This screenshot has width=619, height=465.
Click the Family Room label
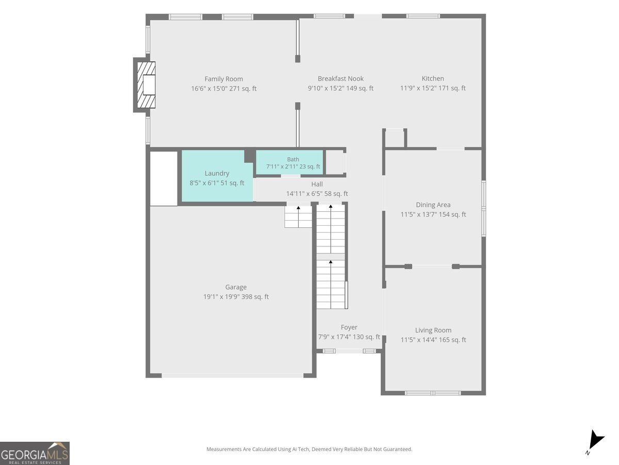pos(224,79)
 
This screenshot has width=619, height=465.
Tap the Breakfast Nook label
pos(340,79)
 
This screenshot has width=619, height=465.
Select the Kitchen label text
pos(433,79)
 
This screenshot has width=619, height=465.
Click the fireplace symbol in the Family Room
pos(146,85)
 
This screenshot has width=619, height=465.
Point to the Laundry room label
pos(217,174)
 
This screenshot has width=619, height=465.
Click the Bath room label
pos(293,159)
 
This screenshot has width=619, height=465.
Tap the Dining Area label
pos(433,205)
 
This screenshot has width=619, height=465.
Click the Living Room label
pos(433,330)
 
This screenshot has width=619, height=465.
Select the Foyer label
pos(349,328)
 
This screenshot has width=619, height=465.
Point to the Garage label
pos(236,287)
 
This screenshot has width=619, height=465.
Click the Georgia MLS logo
pos(35,453)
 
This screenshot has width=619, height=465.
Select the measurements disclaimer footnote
pos(309,449)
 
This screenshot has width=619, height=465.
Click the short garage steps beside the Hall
pos(298,216)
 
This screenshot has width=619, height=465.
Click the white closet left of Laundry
pos(164,179)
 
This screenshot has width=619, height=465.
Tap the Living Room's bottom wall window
pos(433,393)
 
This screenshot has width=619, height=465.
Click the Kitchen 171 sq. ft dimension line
pos(433,88)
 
